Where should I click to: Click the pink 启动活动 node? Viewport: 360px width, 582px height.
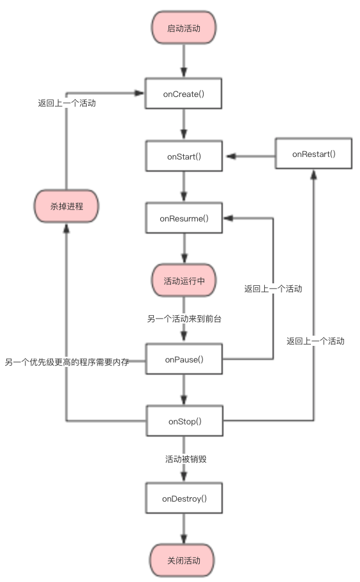[184, 28]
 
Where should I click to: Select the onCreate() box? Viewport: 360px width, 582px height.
[184, 94]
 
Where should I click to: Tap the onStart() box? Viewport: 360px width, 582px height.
[184, 156]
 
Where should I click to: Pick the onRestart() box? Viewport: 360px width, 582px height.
[313, 154]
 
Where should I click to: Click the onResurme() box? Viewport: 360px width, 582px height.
[184, 218]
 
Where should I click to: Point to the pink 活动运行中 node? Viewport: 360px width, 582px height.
[184, 281]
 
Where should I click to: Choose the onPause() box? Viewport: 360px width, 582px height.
[184, 359]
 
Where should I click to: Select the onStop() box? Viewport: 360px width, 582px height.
[184, 421]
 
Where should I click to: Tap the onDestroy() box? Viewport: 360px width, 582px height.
[184, 498]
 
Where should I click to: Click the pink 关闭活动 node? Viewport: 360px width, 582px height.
[184, 560]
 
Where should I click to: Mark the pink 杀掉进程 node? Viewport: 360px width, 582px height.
[66, 206]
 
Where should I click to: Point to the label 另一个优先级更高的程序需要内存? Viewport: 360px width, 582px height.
[67, 362]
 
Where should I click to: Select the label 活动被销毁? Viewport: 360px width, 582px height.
[184, 459]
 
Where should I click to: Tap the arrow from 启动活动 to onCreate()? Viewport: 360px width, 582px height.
[184, 61]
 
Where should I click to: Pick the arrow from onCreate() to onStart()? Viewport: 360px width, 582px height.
[184, 124]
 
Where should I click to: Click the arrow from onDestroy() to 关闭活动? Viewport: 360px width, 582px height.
[184, 530]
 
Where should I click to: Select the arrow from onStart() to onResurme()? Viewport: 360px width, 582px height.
[184, 187]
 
